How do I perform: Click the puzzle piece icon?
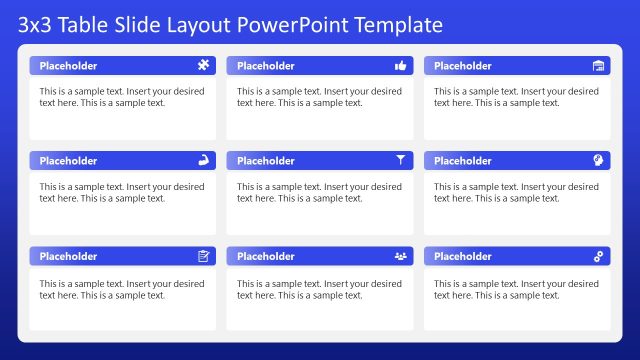click(x=204, y=66)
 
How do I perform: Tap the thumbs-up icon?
click(x=401, y=66)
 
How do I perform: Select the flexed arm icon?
click(x=204, y=160)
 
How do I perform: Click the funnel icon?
click(x=401, y=160)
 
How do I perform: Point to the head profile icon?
click(x=598, y=160)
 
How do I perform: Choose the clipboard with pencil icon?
click(x=204, y=256)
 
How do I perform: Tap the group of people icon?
click(x=401, y=256)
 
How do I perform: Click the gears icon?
click(x=598, y=256)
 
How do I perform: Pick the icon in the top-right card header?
click(x=598, y=66)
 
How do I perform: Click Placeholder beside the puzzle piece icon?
click(x=68, y=66)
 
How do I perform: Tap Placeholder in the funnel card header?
click(x=265, y=161)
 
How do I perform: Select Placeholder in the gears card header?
click(x=463, y=257)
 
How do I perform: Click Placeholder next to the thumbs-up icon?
click(x=265, y=66)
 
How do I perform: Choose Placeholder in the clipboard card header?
click(x=68, y=257)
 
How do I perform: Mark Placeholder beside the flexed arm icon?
click(x=68, y=161)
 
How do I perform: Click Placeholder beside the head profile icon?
click(x=463, y=161)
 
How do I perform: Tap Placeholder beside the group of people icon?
click(x=265, y=257)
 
